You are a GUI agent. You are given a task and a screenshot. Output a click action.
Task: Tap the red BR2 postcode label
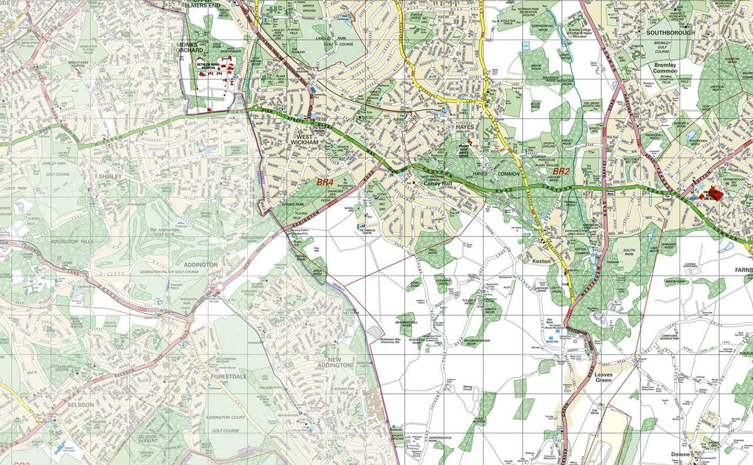point(560,171)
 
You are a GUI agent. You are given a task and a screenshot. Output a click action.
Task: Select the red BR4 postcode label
point(325,183)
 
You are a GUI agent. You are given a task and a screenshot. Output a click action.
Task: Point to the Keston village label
point(541,260)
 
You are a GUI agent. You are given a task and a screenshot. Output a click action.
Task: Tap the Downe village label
point(680,454)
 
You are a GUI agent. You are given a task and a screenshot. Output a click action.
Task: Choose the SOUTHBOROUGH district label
point(670,33)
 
